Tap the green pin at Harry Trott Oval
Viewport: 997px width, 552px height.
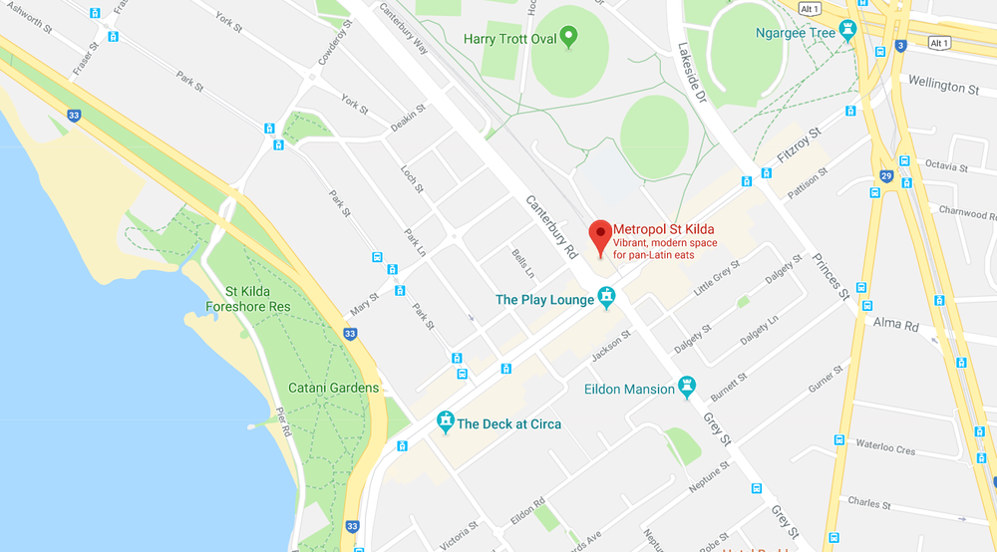coord(568,38)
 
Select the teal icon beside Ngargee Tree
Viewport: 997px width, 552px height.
coord(848,31)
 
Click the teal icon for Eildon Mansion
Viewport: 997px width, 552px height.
coord(687,386)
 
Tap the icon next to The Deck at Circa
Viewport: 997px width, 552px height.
coord(445,423)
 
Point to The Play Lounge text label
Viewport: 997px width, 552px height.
coord(544,299)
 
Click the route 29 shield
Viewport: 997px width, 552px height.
coord(884,175)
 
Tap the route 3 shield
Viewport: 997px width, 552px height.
coord(900,45)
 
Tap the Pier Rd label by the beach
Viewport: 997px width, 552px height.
coord(283,423)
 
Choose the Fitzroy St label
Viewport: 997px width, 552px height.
coord(800,146)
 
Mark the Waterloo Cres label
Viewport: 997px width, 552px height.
coord(883,450)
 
